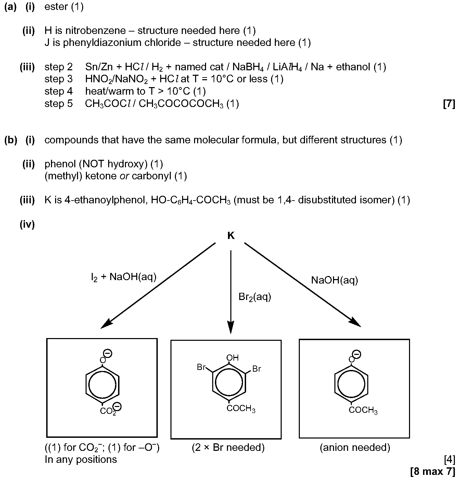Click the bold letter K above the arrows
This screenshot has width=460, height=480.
(x=231, y=236)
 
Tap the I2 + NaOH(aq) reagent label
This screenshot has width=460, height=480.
(x=124, y=277)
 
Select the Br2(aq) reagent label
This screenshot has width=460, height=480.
(x=255, y=297)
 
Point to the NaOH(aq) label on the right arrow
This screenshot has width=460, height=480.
(x=334, y=280)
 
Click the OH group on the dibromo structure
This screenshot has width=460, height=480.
(x=232, y=357)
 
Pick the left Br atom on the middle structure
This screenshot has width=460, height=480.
(x=201, y=367)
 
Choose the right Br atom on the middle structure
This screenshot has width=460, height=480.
(x=257, y=369)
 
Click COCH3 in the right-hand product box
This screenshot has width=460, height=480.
(x=363, y=410)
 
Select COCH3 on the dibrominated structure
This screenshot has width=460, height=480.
(x=241, y=408)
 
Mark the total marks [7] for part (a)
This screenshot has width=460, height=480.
(x=449, y=104)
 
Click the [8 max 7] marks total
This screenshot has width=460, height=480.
(x=433, y=471)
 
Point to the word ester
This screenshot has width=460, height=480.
(x=56, y=7)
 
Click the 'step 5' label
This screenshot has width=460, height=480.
(x=59, y=104)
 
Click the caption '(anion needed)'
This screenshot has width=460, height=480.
(x=355, y=447)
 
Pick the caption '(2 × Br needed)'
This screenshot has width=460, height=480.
(x=228, y=447)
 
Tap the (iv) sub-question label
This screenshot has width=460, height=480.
(x=27, y=224)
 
